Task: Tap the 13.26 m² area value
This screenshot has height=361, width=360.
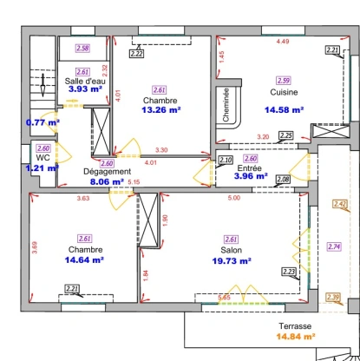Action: pyautogui.click(x=161, y=110)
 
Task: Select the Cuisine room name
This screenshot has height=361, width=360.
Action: pyautogui.click(x=285, y=91)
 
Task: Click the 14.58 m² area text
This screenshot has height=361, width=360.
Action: pyautogui.click(x=285, y=110)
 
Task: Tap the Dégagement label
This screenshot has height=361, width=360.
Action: pyautogui.click(x=107, y=172)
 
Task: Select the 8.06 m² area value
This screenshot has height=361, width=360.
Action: pyautogui.click(x=107, y=182)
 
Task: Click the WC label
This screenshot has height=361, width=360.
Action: pyautogui.click(x=43, y=158)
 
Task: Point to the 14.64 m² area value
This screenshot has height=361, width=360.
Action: pyautogui.click(x=84, y=259)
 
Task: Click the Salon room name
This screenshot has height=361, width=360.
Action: pyautogui.click(x=231, y=250)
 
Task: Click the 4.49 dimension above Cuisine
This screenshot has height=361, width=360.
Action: pyautogui.click(x=283, y=41)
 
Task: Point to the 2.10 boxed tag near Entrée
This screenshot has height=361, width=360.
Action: pyautogui.click(x=225, y=160)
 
